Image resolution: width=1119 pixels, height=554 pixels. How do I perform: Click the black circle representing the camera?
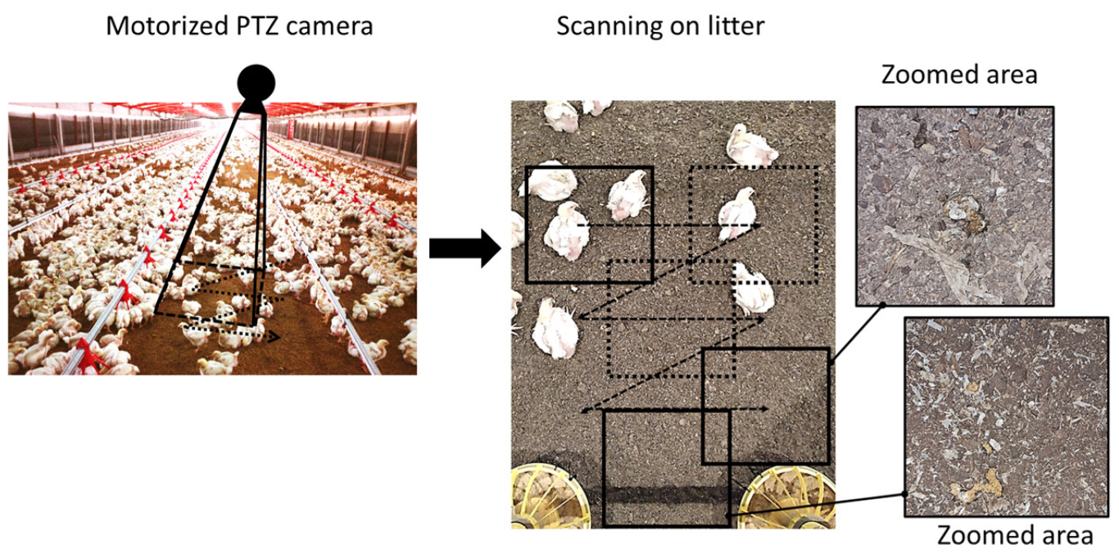click(x=256, y=84)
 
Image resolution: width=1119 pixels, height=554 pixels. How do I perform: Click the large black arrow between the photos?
click(x=464, y=247)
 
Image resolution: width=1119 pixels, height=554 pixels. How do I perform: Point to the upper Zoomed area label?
click(x=958, y=75)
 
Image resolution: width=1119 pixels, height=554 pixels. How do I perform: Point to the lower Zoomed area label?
click(x=1014, y=535)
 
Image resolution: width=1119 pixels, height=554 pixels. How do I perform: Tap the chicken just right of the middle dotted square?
click(x=751, y=288)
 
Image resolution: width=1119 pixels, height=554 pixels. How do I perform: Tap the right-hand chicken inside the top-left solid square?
click(x=627, y=195)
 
